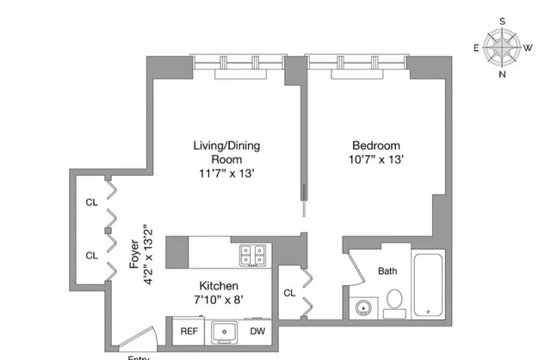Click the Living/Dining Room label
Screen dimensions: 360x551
226,152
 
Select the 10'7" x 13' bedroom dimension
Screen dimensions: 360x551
376,159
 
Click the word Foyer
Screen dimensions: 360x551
134,254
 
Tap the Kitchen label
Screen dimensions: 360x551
219,285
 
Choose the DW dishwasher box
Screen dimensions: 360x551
257,331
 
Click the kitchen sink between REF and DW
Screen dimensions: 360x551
223,331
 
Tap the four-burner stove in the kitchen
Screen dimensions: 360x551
252,254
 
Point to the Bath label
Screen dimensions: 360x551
388,271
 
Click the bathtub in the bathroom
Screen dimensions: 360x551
428,286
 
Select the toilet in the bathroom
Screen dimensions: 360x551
394,301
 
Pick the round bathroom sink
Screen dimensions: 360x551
361,307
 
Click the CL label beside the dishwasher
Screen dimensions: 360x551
290,294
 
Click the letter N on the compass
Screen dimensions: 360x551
503,74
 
